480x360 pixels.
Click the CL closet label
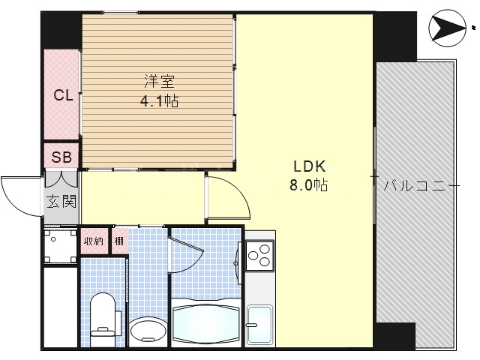coord(62,95)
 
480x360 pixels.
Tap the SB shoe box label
coord(61,157)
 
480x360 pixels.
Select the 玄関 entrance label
coord(61,201)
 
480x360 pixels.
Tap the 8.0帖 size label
coord(308,184)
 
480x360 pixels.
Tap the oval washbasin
coord(147,330)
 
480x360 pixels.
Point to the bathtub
coord(207,322)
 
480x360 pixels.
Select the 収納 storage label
coord(94,241)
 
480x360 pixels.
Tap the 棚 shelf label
coord(119,241)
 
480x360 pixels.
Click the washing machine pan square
coord(60,244)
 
